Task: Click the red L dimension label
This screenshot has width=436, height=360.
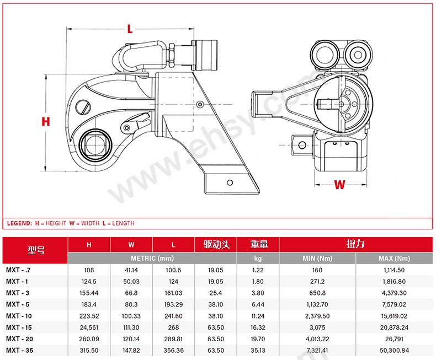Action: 130,29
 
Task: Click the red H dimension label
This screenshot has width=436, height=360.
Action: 46,121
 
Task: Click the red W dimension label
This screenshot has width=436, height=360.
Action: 340,185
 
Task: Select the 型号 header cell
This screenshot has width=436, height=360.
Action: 36,250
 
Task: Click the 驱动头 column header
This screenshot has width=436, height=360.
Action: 216,244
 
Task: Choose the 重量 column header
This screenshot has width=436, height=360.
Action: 258,244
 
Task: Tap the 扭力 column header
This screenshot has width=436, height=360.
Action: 355,244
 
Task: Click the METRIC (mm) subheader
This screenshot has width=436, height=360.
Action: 152,258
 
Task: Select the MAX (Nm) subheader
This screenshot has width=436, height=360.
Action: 394,258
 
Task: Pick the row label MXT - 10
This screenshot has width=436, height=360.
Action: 20,316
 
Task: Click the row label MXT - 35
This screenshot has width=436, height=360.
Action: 20,350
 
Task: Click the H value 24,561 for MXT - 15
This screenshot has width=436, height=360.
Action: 89,327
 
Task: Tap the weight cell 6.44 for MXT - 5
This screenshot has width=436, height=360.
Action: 258,304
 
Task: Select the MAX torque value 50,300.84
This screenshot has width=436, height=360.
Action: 394,350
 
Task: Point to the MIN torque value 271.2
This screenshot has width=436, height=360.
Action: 317,282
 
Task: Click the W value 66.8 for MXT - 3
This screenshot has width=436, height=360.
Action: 131,293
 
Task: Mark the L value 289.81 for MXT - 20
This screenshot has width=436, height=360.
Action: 173,338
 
